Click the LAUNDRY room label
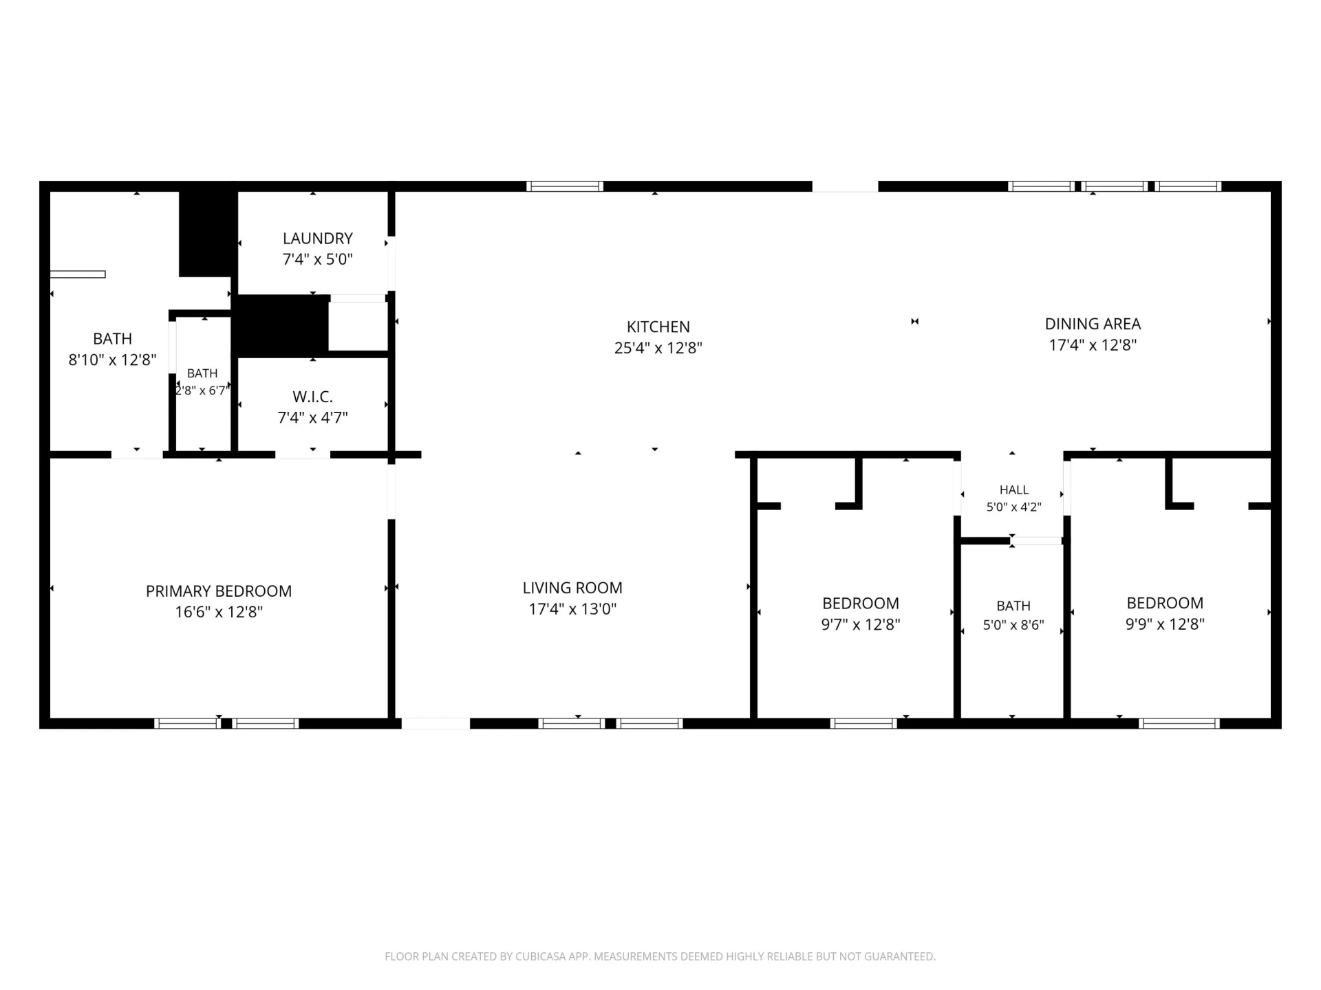click(x=317, y=239)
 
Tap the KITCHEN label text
click(x=658, y=327)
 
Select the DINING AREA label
click(x=1093, y=324)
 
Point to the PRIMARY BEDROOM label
click(x=219, y=591)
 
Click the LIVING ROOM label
click(x=572, y=588)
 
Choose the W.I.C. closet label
click(x=312, y=397)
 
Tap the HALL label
click(x=1013, y=489)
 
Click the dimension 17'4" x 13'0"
click(x=572, y=609)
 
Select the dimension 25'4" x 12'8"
click(x=658, y=348)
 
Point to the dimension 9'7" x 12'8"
click(x=861, y=624)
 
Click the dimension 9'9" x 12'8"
click(x=1165, y=624)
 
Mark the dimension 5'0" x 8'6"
click(x=1013, y=625)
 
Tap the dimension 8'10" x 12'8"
click(x=112, y=360)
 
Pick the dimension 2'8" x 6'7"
click(x=202, y=390)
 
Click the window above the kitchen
click(x=565, y=186)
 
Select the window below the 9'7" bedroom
click(x=863, y=723)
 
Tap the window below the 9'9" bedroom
click(x=1179, y=723)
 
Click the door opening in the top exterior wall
click(x=845, y=186)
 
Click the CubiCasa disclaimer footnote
click(x=660, y=956)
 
